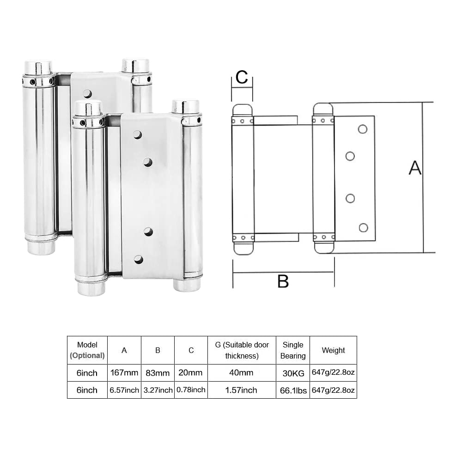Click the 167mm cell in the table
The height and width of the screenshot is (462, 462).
coord(124,372)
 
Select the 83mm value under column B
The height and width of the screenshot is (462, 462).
coord(158,372)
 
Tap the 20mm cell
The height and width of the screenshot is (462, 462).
coord(191,372)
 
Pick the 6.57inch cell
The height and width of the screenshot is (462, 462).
coord(124,390)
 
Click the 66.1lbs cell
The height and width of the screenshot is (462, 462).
coord(293,390)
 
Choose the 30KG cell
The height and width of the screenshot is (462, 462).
coord(293,372)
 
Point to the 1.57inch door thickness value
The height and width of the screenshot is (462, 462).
coord(242,390)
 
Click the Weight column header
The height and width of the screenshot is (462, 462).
coord(333,350)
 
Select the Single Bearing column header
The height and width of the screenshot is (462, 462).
coord(293,350)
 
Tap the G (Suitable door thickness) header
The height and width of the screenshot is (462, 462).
coord(242,350)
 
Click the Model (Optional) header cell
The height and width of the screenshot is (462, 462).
coord(87,350)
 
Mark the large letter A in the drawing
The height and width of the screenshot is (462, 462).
coord(415,168)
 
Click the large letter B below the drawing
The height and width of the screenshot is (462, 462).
coord(283,280)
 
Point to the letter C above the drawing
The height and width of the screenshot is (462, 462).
coord(242,78)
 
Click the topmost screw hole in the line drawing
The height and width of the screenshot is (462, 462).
coord(363,129)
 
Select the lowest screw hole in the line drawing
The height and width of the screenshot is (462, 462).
coord(363,227)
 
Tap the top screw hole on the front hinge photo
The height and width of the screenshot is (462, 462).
coord(137,134)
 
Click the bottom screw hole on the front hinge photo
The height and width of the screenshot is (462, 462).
coord(139,259)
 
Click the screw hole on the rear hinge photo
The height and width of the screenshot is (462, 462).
coord(87,94)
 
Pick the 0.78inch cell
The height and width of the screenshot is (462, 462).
coord(191,390)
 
